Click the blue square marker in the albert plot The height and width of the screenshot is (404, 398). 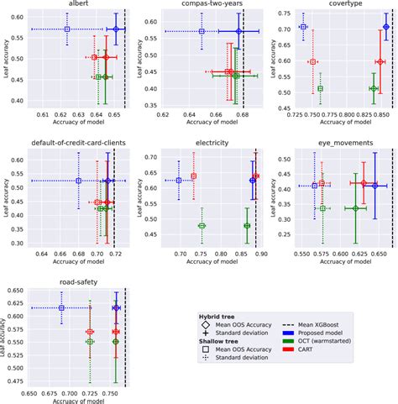(67, 29)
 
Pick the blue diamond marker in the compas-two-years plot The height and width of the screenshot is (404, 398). (239, 32)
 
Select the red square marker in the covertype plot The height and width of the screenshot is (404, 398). (312, 62)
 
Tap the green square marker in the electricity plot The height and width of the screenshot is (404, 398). (202, 226)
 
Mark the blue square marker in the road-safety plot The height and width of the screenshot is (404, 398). (61, 308)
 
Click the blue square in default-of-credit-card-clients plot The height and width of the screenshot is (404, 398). (78, 181)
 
